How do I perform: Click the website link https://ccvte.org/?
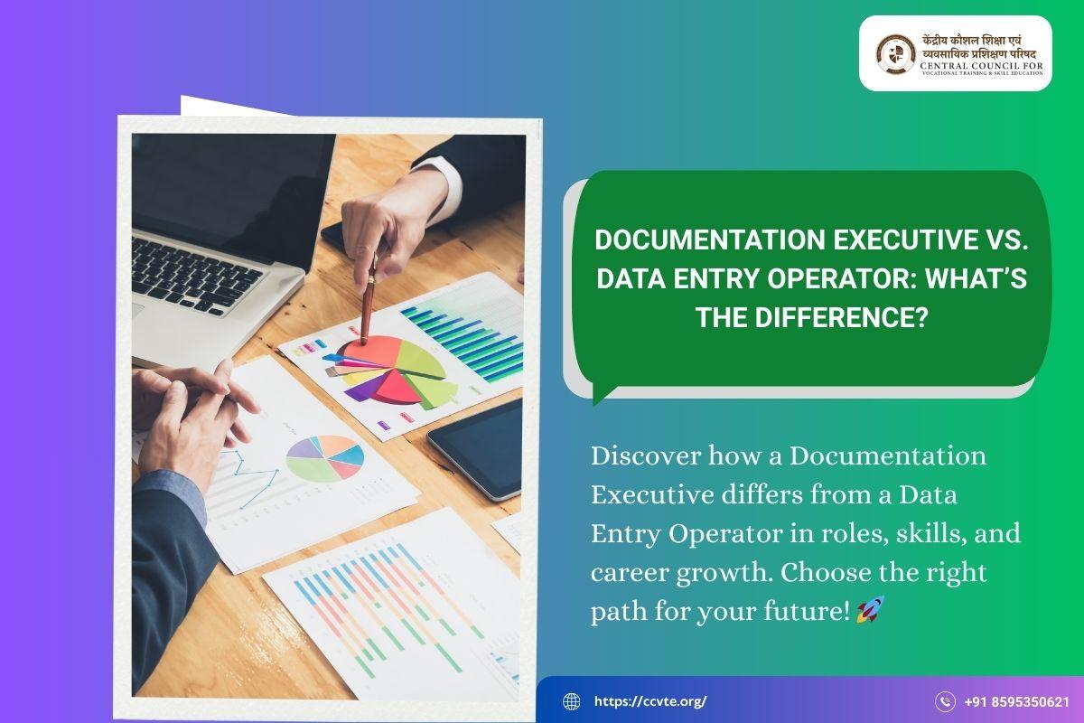pyautogui.click(x=650, y=701)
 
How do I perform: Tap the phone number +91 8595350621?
pyautogui.click(x=1017, y=701)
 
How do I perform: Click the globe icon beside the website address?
pyautogui.click(x=572, y=701)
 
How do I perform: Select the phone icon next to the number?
pyautogui.click(x=945, y=701)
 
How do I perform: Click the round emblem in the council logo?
pyautogui.click(x=896, y=53)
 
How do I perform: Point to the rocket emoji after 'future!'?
pyautogui.click(x=871, y=609)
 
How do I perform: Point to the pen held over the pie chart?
pyautogui.click(x=369, y=300)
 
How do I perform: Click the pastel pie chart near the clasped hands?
pyautogui.click(x=324, y=458)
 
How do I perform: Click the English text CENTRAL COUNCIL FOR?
pyautogui.click(x=982, y=65)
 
